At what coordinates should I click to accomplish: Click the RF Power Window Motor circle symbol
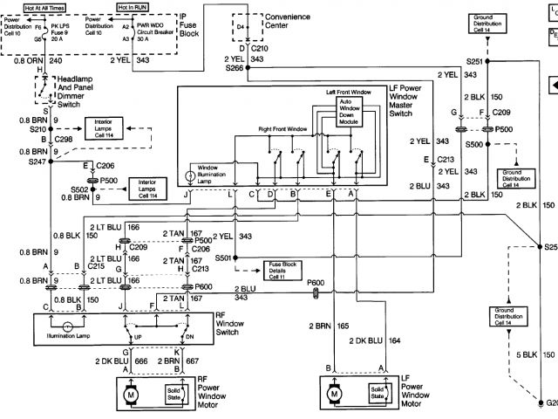point(133,394)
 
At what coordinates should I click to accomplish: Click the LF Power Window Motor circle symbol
point(335,394)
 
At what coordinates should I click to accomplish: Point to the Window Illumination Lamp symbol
point(191,175)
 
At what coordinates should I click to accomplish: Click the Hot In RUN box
point(152,8)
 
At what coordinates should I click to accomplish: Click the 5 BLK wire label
point(526,355)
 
